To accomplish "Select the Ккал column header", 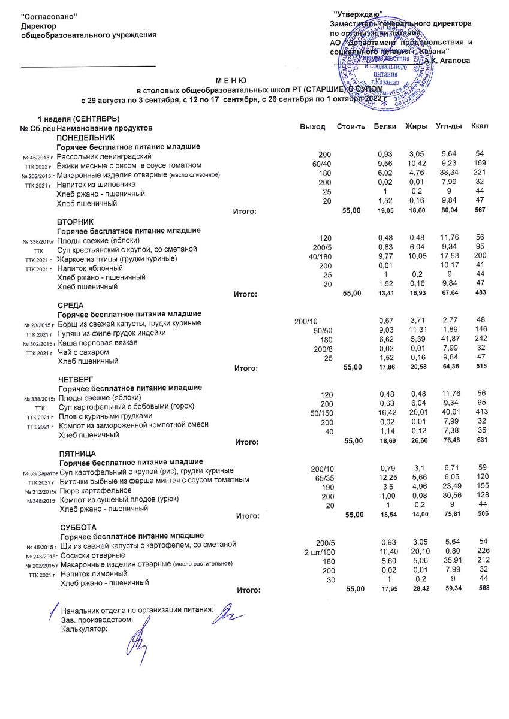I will pos(480,127).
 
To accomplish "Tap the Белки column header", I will pos(384,127).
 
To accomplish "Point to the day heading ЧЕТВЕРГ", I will pos(76,380).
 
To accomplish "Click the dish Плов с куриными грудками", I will pos(106,416).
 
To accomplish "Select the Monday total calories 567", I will pos(480,210).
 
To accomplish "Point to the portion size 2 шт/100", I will pos(319,552).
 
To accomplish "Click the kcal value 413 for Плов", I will pos(480,413).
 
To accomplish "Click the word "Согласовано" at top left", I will pos(49,14).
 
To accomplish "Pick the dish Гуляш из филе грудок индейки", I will pos(111,333).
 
